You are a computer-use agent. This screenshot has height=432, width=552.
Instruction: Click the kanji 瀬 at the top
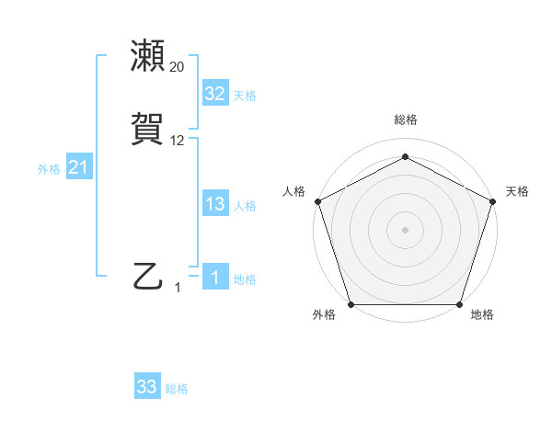[148, 55]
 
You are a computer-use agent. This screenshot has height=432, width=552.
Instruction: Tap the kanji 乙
[148, 276]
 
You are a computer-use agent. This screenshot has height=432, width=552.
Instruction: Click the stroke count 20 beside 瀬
[178, 66]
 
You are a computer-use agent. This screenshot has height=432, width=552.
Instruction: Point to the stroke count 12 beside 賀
[178, 141]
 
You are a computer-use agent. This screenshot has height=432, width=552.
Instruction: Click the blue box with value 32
[214, 94]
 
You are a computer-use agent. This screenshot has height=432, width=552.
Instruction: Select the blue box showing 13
[214, 204]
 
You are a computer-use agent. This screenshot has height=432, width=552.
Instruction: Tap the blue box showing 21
[78, 167]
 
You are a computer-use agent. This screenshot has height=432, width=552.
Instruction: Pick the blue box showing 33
[147, 388]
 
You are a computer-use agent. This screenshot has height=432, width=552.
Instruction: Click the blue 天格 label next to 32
[245, 96]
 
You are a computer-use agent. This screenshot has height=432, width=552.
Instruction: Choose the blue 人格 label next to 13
[245, 206]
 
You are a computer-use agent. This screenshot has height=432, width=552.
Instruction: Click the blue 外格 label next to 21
[49, 169]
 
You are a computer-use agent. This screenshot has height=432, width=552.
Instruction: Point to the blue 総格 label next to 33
[177, 390]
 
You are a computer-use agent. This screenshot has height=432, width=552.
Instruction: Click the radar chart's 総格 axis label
[405, 119]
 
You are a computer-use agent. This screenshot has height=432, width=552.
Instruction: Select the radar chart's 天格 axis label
[517, 191]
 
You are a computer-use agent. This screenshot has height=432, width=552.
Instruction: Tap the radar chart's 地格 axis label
[482, 315]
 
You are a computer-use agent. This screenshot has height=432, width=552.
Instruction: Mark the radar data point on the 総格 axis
[405, 156]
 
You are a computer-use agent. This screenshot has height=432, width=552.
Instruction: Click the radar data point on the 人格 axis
[317, 200]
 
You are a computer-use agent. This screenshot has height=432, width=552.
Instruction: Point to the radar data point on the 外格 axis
[351, 304]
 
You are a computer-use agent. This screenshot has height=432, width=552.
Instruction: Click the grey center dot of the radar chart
[405, 229]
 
